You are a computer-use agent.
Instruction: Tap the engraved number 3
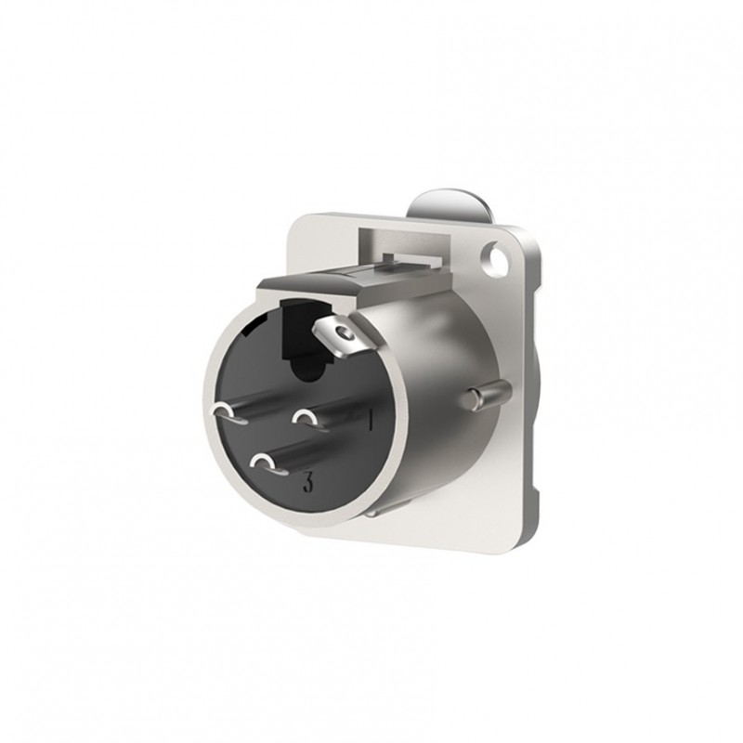click(x=306, y=482)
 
